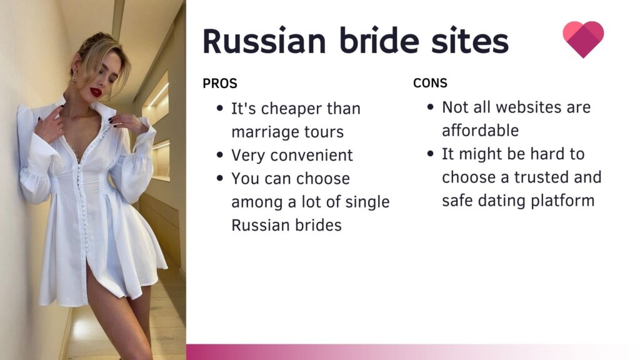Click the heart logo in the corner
583,39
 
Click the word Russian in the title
264,41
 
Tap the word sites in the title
470,41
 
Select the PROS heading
219,83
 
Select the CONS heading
430,83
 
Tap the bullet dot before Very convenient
220,155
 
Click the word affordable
481,131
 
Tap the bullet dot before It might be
430,154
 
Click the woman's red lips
96,92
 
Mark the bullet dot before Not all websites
430,107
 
